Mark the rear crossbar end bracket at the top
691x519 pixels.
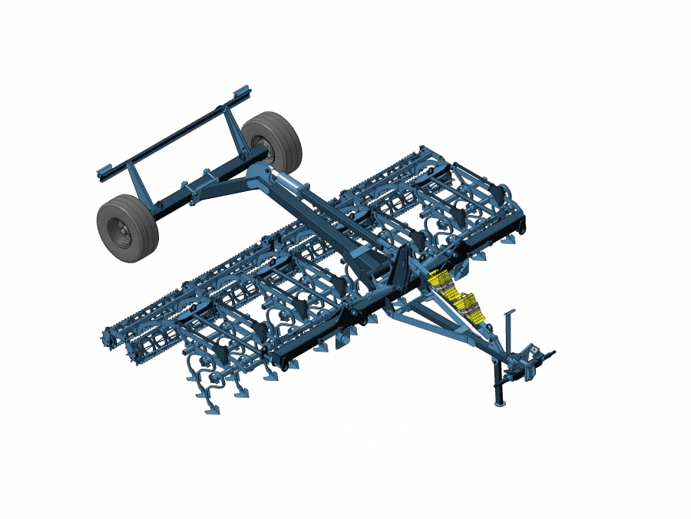[x=243, y=94]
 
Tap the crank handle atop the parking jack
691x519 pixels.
[x=508, y=315]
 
